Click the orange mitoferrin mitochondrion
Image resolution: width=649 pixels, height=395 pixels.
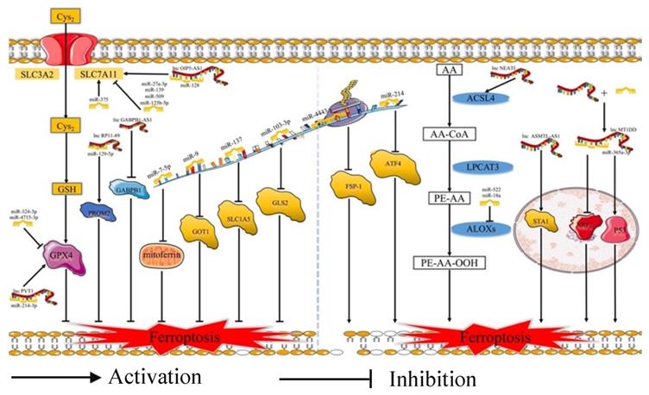click(x=161, y=255)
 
